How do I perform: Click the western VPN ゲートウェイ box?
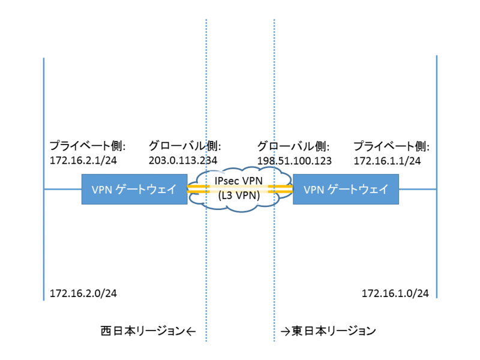[x=134, y=190]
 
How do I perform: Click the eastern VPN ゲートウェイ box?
[x=346, y=190]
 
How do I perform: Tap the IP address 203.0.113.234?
[x=182, y=160]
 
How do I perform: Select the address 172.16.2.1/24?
[x=83, y=160]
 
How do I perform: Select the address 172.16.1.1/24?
[x=387, y=160]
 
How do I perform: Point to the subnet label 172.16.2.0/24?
[x=83, y=293]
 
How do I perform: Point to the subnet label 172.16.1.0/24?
[x=395, y=293]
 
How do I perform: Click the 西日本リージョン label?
[x=143, y=330]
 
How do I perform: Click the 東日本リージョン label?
[x=334, y=330]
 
